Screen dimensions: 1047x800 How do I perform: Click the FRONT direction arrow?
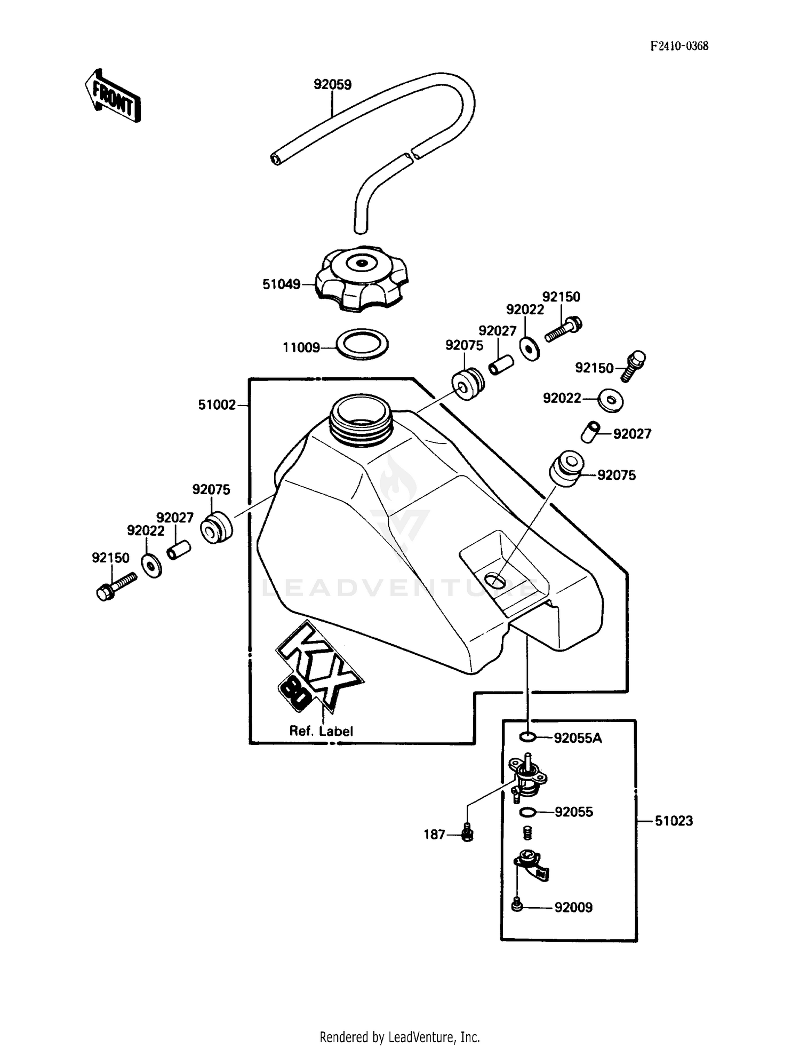[113, 96]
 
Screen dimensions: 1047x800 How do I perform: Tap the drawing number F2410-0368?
[679, 46]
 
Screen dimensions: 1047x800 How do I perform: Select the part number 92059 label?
[332, 85]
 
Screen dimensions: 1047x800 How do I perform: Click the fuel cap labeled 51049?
[361, 277]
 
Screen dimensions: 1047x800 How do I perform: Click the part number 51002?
[217, 405]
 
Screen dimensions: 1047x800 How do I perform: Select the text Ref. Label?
[321, 731]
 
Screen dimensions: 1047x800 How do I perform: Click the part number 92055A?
[578, 738]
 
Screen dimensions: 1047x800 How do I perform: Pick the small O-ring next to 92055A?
[527, 737]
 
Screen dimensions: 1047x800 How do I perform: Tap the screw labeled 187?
[467, 833]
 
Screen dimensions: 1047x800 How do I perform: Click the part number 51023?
[674, 821]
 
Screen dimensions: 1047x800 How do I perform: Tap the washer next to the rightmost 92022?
[611, 400]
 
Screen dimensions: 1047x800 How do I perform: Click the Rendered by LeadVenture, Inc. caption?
[399, 1037]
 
